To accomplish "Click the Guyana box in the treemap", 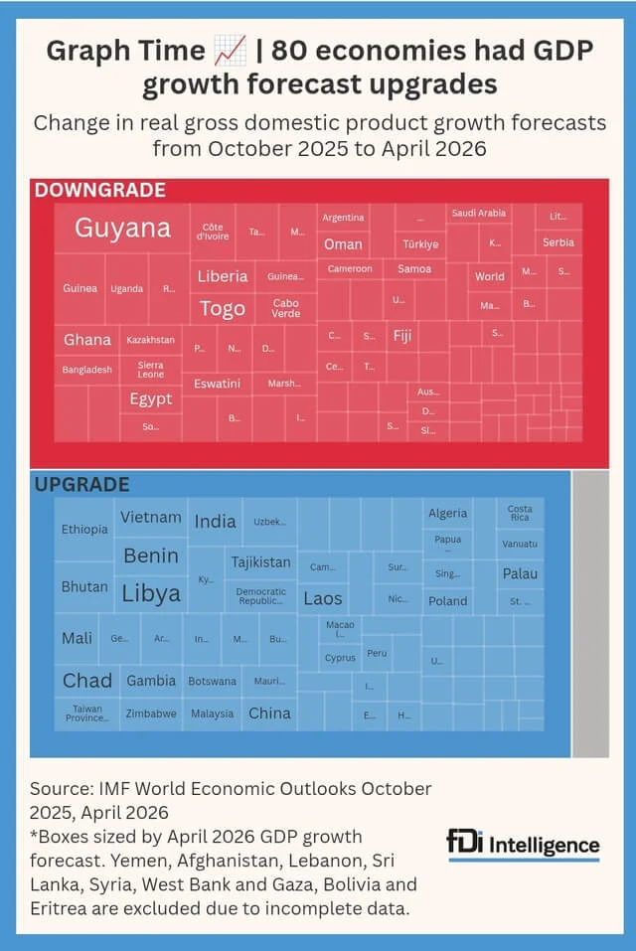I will pos(122,228).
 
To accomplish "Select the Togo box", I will pos(223,308).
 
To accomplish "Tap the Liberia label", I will pos(223,276).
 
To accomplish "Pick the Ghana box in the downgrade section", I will pos(87,340).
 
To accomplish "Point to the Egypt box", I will pos(151,398).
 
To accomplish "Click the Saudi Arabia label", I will pos(478,214).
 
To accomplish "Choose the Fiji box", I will pos(402,336).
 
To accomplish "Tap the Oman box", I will pos(343,244).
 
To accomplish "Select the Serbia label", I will pos(558,242).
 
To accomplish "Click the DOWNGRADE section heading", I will pos(100,190).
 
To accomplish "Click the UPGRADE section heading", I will pos(81,485).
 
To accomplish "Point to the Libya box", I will pos(151,594).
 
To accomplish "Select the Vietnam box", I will pos(151,517).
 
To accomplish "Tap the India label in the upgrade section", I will pos(215,522).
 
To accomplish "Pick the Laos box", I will pos(323,598).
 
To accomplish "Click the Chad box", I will pos(87,681).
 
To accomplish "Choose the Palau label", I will pos(520,573).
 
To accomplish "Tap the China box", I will pos(269,713).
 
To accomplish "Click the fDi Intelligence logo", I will pos(523,845).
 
